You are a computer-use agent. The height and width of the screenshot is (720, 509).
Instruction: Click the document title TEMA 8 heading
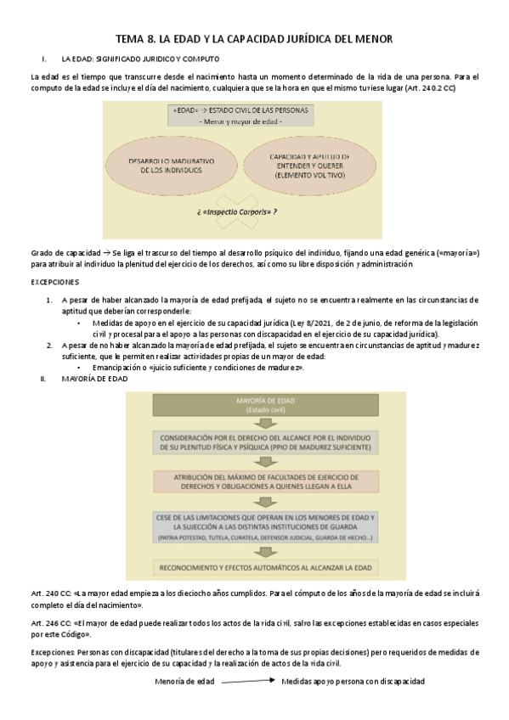pyautogui.click(x=254, y=39)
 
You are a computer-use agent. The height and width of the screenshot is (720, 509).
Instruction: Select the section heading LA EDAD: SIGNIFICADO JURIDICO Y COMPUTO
pyautogui.click(x=140, y=59)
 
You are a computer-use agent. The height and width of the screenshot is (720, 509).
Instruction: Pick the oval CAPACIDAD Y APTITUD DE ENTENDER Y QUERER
pyautogui.click(x=308, y=165)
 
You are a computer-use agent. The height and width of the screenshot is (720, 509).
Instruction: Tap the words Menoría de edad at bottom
pyautogui.click(x=186, y=682)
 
